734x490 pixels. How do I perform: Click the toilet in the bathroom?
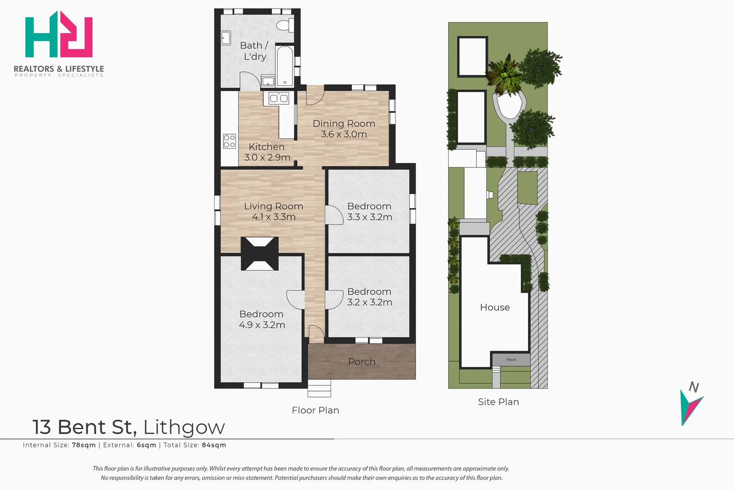pos(285,25)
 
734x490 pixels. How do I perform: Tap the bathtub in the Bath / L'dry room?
pos(285,66)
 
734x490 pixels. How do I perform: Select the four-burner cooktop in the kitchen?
pos(230,141)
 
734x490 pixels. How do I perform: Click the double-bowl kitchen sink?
pos(279,98)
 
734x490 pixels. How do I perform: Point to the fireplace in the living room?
pos(259,254)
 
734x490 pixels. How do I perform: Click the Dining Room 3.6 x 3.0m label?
pos(344,129)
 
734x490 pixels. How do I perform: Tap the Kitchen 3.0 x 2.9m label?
pos(267,152)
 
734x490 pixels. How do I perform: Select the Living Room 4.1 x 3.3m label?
pos(274,211)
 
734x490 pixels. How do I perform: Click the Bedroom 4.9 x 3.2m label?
pos(261,319)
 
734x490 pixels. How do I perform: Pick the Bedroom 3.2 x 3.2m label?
pos(369,297)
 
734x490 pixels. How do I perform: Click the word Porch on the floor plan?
pos(362,362)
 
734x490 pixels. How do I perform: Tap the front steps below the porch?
pos(319,388)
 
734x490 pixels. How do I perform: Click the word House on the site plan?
pos(495,307)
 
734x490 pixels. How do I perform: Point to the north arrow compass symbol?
pos(691,404)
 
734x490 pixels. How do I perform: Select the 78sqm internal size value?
pos(84,445)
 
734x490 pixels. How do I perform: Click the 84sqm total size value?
pos(214,445)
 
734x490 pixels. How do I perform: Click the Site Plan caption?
pos(499,402)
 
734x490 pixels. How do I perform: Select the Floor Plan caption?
pos(315,410)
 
